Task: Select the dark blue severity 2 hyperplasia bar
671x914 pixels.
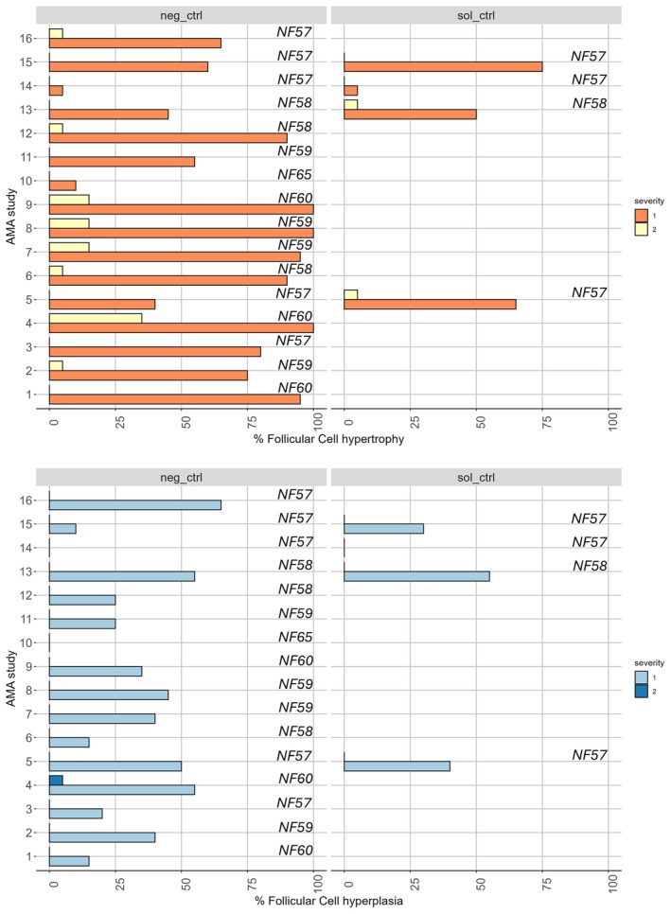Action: [56, 753]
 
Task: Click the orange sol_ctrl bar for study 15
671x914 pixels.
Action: [443, 66]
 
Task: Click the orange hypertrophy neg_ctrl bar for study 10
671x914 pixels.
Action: [62, 185]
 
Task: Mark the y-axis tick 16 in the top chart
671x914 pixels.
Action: [35, 38]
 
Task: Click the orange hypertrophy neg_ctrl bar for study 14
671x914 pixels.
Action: [56, 90]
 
